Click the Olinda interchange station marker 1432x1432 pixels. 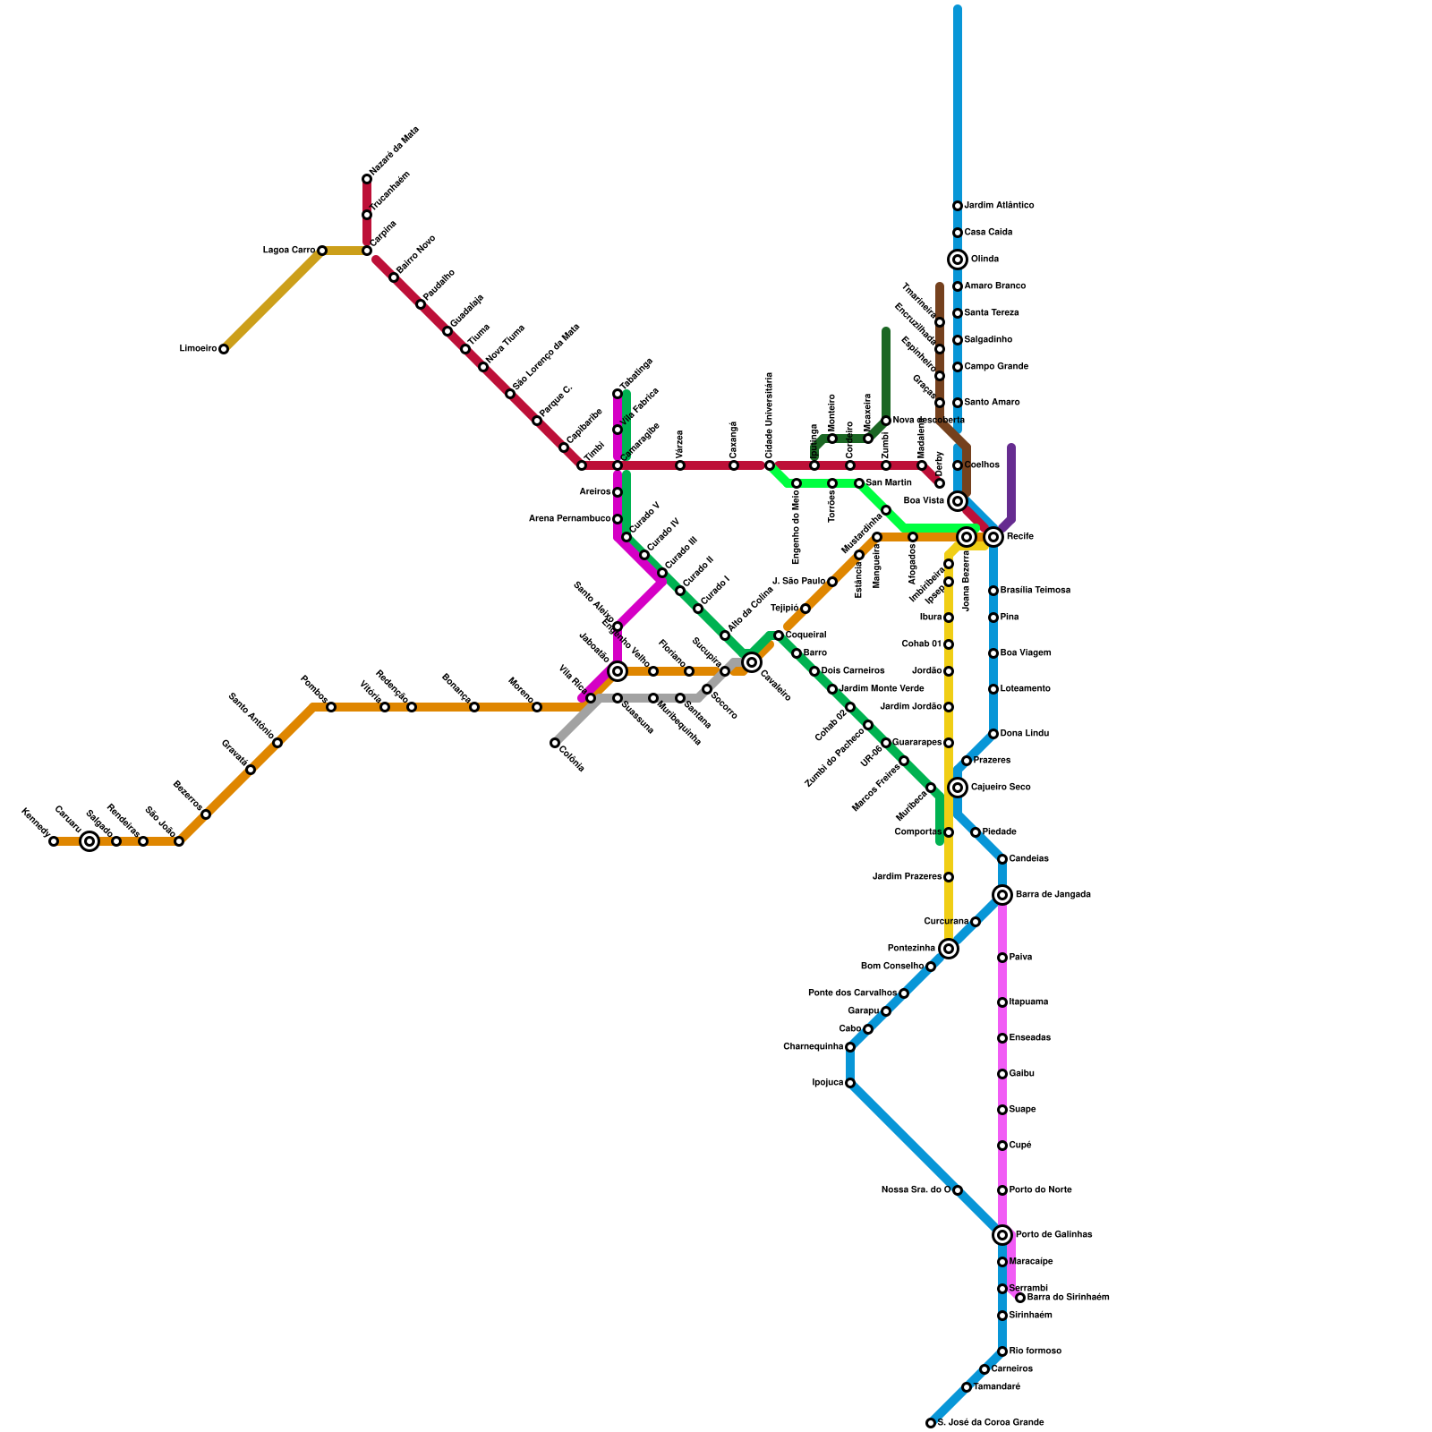(958, 260)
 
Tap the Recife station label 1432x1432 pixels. (1019, 537)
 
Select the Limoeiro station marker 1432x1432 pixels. (224, 349)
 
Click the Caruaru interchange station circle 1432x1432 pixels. (89, 841)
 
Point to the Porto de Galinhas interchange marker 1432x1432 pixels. (1002, 1235)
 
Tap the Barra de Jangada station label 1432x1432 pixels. (1053, 895)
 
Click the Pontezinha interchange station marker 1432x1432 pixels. (949, 949)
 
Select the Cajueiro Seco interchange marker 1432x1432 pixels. (958, 788)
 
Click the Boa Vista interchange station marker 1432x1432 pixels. (958, 501)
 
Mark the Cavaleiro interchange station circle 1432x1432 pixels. (752, 662)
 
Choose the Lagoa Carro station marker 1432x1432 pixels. (322, 251)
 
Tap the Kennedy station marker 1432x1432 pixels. (54, 841)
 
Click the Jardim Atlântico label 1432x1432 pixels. (999, 206)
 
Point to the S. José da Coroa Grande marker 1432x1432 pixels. (931, 1423)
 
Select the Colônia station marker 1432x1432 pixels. (555, 743)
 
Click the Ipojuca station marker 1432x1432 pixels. (850, 1083)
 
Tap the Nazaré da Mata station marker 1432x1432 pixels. (367, 179)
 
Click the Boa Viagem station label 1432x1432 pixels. (1026, 653)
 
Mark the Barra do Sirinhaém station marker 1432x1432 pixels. (1020, 1298)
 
